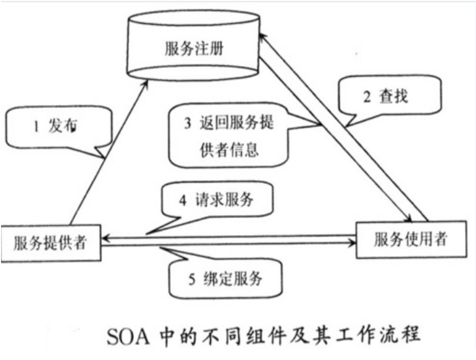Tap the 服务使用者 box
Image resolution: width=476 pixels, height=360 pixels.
coord(411,240)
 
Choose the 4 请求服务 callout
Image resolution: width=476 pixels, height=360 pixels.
coord(216,200)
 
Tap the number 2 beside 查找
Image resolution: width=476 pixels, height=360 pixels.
coord(367,98)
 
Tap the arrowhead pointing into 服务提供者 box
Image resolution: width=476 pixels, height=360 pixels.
coord(106,238)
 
